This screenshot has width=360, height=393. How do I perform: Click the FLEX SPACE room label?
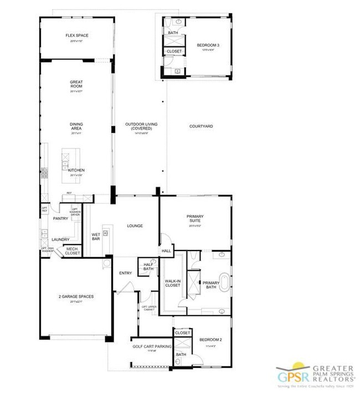pyautogui.click(x=76, y=35)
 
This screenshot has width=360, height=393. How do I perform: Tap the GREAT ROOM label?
pyautogui.click(x=76, y=85)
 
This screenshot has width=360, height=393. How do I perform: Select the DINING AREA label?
pyautogui.click(x=76, y=127)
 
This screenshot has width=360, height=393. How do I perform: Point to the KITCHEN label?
pyautogui.click(x=76, y=170)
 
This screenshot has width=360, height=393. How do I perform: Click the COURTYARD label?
pyautogui.click(x=201, y=126)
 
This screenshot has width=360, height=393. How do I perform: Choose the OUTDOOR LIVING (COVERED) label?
pyautogui.click(x=138, y=126)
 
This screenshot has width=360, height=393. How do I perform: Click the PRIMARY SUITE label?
pyautogui.click(x=195, y=217)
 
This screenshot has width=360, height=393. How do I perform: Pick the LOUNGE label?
pyautogui.click(x=135, y=226)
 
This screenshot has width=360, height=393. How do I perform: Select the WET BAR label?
pyautogui.click(x=95, y=237)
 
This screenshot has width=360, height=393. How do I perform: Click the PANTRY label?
pyautogui.click(x=60, y=218)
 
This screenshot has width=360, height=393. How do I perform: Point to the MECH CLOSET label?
pyautogui.click(x=73, y=251)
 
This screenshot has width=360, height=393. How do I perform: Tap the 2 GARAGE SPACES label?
pyautogui.click(x=76, y=297)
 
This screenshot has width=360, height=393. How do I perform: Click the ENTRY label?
pyautogui.click(x=125, y=273)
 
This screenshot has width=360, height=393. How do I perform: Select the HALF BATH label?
pyautogui.click(x=148, y=266)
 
